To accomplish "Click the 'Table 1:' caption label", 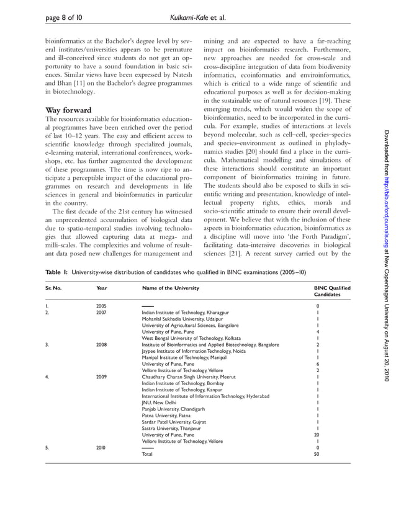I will click(58, 272).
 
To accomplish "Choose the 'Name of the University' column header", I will click(171, 288).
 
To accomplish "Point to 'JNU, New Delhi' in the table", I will click(160, 402).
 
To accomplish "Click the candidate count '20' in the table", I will click(317, 434).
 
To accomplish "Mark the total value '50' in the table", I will click(317, 453).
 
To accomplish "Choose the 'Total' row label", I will click(148, 453).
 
